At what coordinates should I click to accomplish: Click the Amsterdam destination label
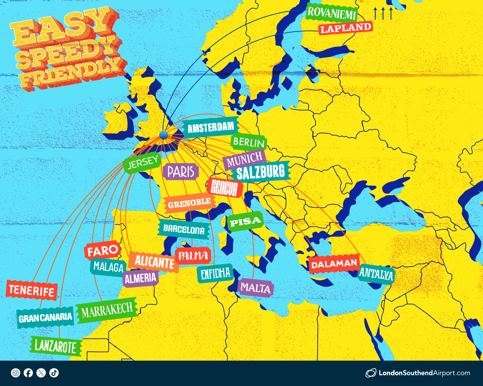(210, 127)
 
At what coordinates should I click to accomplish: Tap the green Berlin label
(249, 143)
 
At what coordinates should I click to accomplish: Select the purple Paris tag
(181, 172)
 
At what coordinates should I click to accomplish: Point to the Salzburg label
(261, 172)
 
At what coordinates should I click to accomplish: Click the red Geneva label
(224, 187)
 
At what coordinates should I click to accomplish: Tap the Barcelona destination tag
(184, 229)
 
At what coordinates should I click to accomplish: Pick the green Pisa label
(245, 222)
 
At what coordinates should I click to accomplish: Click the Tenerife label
(31, 290)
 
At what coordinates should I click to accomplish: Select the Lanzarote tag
(55, 346)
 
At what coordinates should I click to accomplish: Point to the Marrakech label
(107, 310)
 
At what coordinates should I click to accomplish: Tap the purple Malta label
(255, 288)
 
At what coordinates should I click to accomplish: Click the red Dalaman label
(334, 264)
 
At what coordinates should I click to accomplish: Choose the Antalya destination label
(376, 274)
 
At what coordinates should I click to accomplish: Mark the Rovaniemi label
(332, 13)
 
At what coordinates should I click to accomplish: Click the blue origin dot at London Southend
(164, 135)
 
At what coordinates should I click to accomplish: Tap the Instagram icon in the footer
(16, 373)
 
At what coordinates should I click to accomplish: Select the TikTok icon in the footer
(54, 373)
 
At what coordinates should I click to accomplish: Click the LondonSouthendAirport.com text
(424, 373)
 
